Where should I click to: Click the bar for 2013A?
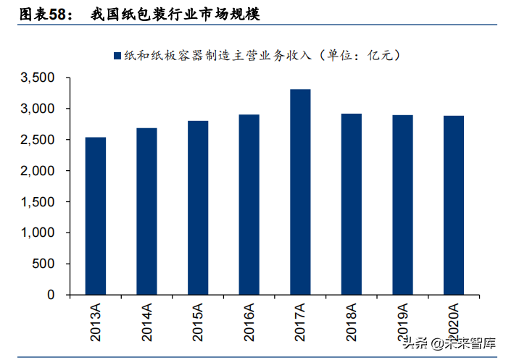coord(95,216)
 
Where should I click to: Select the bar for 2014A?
coord(146,212)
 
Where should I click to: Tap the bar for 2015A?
coord(198,208)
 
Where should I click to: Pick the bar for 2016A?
coord(249,205)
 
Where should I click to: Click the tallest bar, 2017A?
coord(300,192)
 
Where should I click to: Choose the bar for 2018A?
coord(352,204)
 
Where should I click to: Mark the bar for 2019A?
coord(402,205)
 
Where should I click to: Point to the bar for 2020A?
coord(454,205)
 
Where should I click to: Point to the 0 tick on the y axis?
coord(51,296)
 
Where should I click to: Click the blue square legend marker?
coord(116,56)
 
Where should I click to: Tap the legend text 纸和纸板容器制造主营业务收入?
coord(216,56)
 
